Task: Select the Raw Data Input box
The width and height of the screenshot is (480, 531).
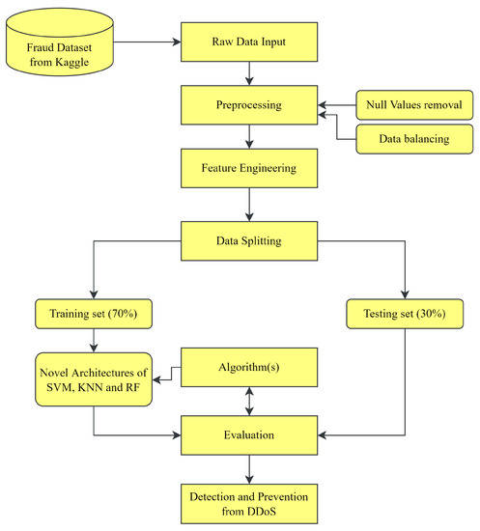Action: [250, 42]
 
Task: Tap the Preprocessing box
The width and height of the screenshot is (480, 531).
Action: [250, 104]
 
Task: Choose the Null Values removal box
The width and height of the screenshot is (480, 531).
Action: [413, 104]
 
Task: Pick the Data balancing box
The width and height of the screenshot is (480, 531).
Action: [413, 140]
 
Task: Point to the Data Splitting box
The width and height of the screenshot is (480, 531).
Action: [250, 234]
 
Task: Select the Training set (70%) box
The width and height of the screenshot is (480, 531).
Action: [93, 314]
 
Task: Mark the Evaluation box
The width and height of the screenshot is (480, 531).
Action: [250, 433]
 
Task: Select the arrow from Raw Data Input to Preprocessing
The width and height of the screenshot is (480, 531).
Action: [250, 73]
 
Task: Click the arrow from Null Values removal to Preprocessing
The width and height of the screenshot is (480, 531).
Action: [336, 104]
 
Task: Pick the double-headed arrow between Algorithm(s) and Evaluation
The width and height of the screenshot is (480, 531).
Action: [250, 400]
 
